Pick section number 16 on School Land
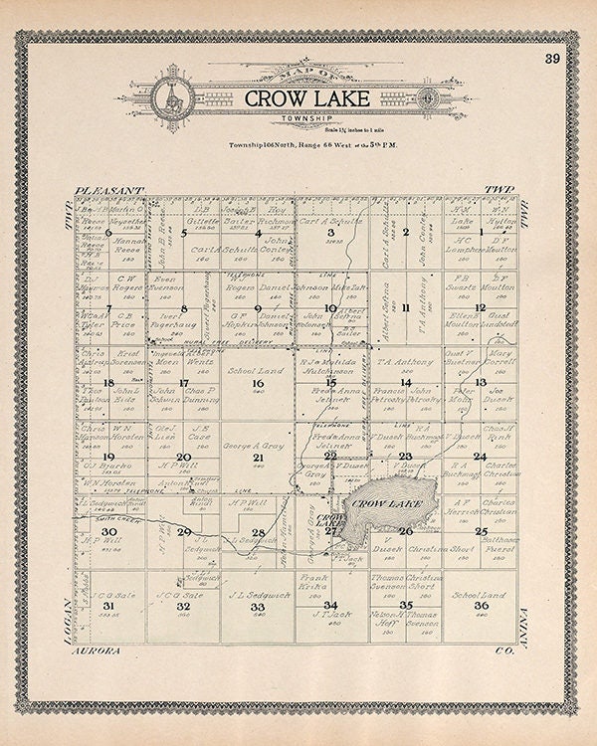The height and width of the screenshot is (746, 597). (258, 383)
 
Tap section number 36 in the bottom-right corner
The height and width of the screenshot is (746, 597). (481, 605)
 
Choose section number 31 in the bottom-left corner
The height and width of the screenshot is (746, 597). (109, 605)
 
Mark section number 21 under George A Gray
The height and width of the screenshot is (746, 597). (258, 458)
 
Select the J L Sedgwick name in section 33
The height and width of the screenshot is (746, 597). (245, 594)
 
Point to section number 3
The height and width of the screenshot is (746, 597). (331, 234)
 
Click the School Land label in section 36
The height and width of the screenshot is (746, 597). (473, 594)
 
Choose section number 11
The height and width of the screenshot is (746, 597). (406, 308)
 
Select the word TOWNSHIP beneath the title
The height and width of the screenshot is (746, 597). (294, 117)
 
